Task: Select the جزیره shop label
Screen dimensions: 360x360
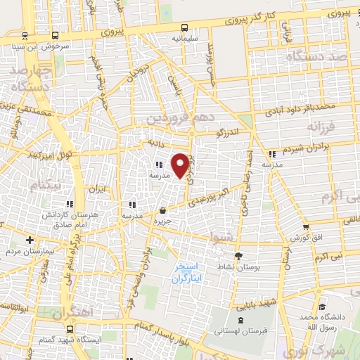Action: pos(163,220)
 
